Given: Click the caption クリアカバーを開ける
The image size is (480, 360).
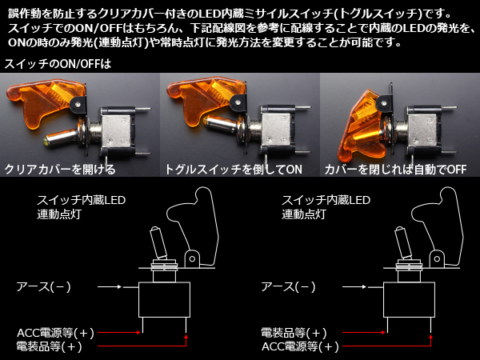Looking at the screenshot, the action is pos(60,170).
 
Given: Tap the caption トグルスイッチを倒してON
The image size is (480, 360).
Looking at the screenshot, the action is pos(234,170).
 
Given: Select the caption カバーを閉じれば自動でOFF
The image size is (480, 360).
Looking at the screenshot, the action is pos(395,170).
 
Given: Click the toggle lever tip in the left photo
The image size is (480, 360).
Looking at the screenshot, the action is pos(46,142).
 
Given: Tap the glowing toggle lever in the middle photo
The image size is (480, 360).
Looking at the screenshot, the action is pos(221,123).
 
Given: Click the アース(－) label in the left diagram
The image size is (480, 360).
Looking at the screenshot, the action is pos(43,287).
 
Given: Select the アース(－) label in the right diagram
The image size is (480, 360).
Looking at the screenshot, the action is pos(288,287).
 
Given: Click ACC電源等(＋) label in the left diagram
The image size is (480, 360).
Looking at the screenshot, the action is pos(56,333).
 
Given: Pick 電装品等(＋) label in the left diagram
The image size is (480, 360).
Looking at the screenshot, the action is pos(49,346).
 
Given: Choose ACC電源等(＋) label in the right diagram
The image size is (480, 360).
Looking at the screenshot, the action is pos(300,346).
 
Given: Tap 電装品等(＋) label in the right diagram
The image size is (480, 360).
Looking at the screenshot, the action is pos(294,333).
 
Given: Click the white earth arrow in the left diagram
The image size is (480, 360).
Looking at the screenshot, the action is pos(110,287).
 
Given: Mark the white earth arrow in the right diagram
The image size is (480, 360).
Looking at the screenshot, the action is pos(354,287).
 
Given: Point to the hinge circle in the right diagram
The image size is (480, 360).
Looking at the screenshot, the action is pos(437,259).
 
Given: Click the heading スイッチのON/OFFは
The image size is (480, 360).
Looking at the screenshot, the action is pos(58,64).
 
